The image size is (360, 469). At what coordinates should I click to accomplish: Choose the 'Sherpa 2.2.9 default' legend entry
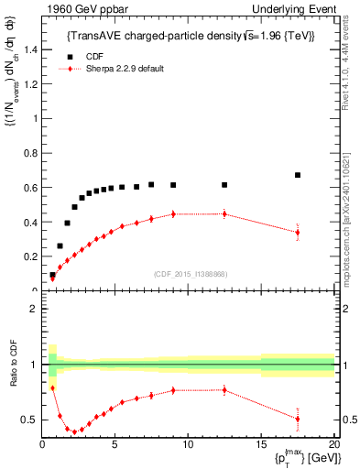click(x=124, y=69)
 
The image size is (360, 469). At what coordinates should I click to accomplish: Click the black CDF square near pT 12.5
click(x=224, y=185)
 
